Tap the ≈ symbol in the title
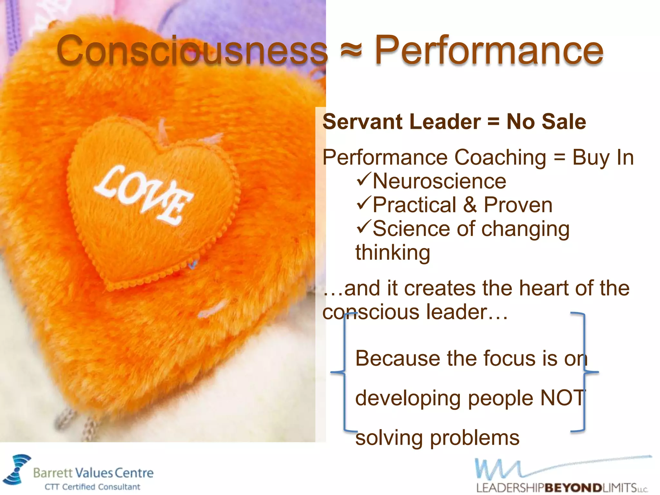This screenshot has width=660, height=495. tap(351, 51)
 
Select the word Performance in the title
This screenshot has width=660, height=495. tap(489, 51)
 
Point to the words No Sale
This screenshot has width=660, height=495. tap(546, 122)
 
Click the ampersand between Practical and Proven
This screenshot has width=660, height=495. tap(470, 205)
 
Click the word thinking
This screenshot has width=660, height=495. tap(393, 253)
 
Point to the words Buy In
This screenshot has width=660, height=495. tap(603, 158)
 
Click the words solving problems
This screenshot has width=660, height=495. tap(437, 438)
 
